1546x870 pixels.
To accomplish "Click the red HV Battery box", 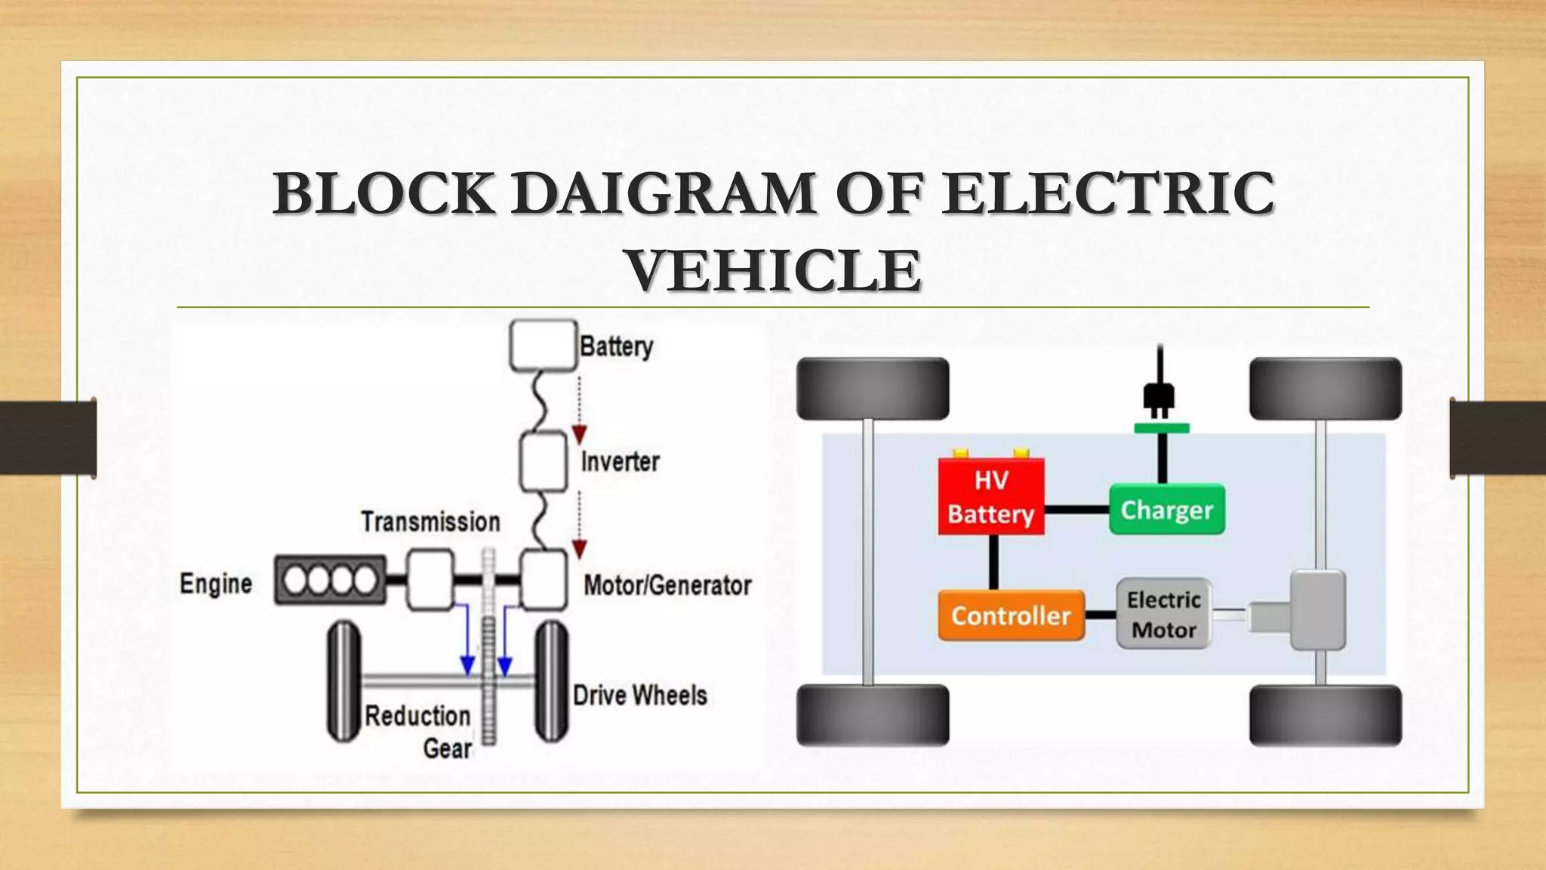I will pos(991,497).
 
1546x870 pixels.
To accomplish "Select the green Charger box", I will pos(1166,510).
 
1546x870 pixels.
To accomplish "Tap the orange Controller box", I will pos(1011,615).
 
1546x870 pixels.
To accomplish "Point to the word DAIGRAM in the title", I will pos(664,193).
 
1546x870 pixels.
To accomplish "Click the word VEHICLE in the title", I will pos(773,270).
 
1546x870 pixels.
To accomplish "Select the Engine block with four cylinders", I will pos(331,580).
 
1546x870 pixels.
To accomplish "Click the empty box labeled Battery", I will pos(543,345).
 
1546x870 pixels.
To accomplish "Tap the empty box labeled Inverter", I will pos(544,461).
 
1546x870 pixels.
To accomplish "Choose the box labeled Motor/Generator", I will pos(544,580).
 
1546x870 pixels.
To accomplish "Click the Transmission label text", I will pos(430,522).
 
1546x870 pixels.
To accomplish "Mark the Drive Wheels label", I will pos(639,695).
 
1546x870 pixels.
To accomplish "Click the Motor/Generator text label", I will pos(667,585).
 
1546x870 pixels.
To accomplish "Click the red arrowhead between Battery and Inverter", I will pos(579,434).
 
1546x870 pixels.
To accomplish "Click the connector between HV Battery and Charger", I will pos(1076,510).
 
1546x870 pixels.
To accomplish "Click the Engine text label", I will pos(216,584).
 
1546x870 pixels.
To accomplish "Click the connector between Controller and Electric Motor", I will pos(1100,615).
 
